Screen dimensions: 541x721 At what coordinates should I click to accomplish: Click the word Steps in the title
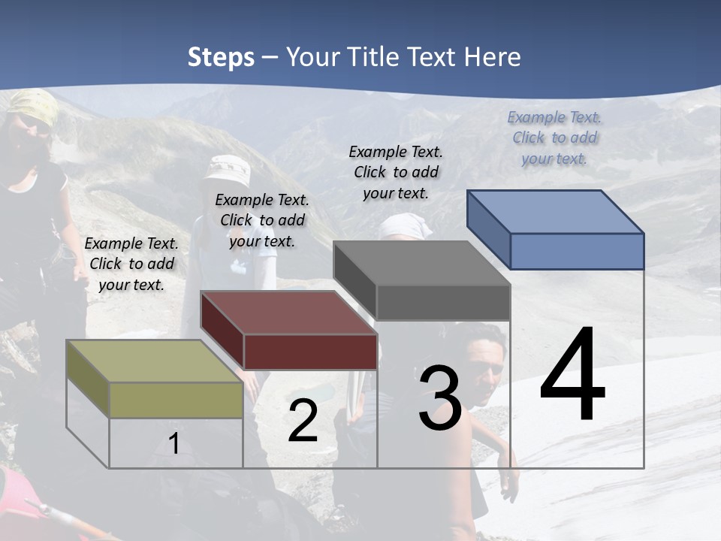(x=221, y=57)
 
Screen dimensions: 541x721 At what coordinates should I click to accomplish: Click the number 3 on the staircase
(x=439, y=397)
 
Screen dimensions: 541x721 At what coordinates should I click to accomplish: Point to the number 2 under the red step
(x=303, y=421)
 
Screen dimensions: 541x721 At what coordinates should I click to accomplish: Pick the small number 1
(x=174, y=443)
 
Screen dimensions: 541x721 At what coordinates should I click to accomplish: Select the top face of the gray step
(x=421, y=264)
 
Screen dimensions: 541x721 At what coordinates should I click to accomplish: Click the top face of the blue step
(x=554, y=212)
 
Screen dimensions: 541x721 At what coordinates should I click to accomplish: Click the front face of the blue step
(x=577, y=251)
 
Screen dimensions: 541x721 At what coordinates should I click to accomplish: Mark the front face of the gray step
(x=443, y=303)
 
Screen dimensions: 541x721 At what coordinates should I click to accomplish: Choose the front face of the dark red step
(x=310, y=352)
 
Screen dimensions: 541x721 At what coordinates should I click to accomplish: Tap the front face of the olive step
(x=176, y=400)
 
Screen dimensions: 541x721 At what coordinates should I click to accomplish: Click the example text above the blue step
(x=554, y=138)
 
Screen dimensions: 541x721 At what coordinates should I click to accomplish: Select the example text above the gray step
(x=396, y=172)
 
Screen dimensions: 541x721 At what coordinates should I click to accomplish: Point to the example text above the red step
(x=262, y=220)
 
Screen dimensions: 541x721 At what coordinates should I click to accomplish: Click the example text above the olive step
(x=131, y=264)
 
